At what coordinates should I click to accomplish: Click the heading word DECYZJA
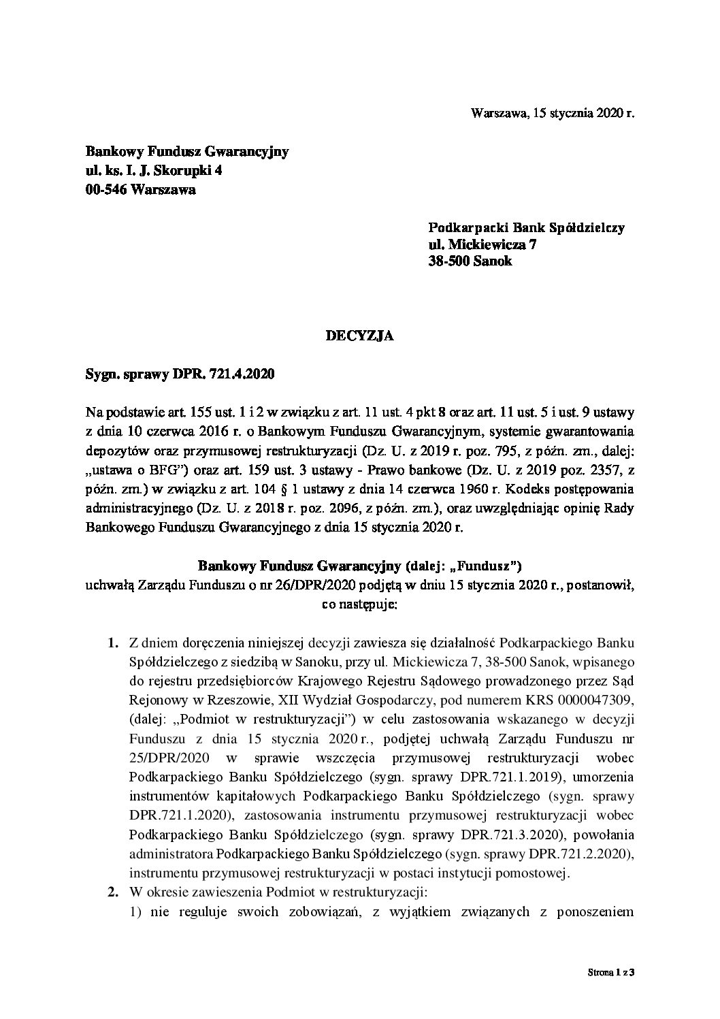click(x=360, y=336)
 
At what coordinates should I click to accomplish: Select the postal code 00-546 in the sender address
click(x=106, y=190)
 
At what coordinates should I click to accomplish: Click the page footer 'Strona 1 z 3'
click(x=611, y=992)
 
